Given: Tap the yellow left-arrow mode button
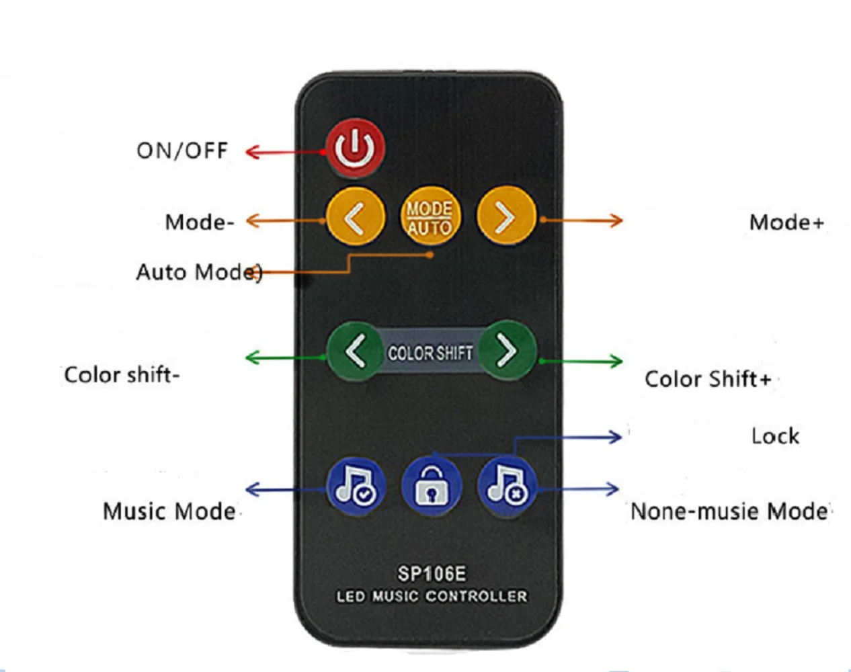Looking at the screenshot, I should point(355,218).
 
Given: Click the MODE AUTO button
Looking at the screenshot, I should point(430,218).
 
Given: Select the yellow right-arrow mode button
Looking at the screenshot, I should point(505,218).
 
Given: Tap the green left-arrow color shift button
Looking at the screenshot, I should point(355,351).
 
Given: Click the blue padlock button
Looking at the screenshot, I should point(431,487).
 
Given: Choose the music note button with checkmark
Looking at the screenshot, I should point(356,485).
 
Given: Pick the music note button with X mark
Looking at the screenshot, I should point(507,485).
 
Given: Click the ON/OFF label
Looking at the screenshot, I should point(182,151).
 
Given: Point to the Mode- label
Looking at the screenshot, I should point(200,222).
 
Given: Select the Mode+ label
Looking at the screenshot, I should point(786,222).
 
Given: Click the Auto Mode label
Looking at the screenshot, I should point(198,272).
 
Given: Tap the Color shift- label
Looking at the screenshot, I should point(122,374).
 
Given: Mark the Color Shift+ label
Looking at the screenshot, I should point(707,379).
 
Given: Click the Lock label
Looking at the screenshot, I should point(775,436).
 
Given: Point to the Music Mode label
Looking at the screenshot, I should point(169,511).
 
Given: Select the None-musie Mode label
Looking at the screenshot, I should point(729,511).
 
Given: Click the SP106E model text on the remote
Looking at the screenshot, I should point(431,574).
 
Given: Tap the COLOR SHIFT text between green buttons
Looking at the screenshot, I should point(430,353).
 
